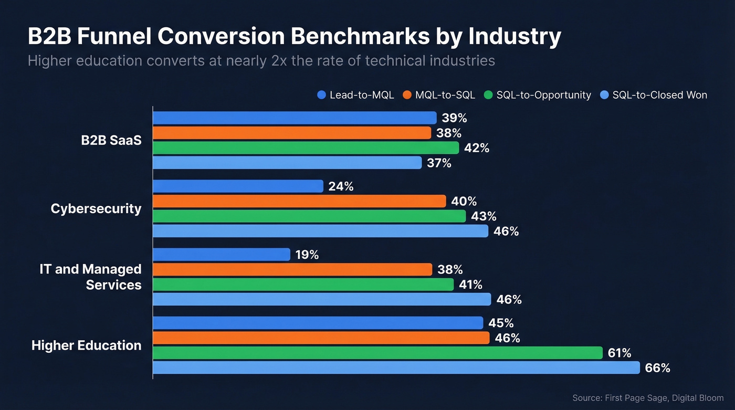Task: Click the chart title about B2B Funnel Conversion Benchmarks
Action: pyautogui.click(x=294, y=37)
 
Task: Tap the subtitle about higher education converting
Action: pyautogui.click(x=261, y=61)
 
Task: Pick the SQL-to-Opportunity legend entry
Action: pyautogui.click(x=538, y=95)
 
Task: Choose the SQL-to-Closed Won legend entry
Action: pyautogui.click(x=654, y=95)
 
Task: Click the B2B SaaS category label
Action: pyautogui.click(x=111, y=141)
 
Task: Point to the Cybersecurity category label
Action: pyautogui.click(x=96, y=209)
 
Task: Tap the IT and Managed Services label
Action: pyautogui.click(x=91, y=277)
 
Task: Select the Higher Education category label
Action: pyautogui.click(x=87, y=345)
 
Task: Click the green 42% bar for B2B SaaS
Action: pyautogui.click(x=306, y=148)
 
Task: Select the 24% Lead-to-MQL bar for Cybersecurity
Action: pyautogui.click(x=238, y=186)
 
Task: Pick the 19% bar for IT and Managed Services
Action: pyautogui.click(x=222, y=255)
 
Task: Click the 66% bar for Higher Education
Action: pyautogui.click(x=396, y=367)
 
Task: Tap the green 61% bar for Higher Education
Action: pyautogui.click(x=377, y=353)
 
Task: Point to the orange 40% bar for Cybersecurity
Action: pyautogui.click(x=299, y=201)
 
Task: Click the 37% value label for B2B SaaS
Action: pyautogui.click(x=439, y=163)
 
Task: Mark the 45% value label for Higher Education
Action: pyautogui.click(x=501, y=323)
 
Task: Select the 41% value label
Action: pyautogui.click(x=470, y=285)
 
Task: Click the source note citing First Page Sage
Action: pyautogui.click(x=648, y=398)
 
